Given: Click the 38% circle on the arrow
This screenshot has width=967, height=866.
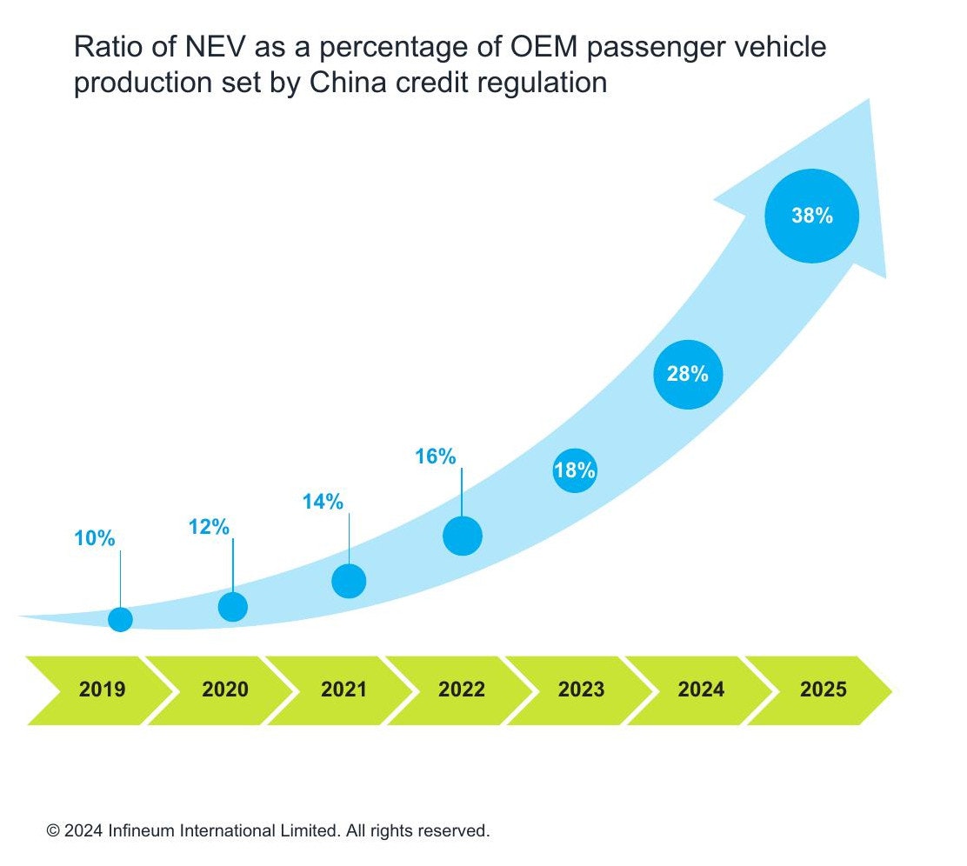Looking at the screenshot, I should (x=811, y=216).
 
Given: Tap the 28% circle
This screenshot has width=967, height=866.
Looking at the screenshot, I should (x=688, y=375).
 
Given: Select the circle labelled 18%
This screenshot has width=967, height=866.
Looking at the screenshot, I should (x=575, y=471).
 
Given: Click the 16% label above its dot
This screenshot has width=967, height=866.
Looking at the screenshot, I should (x=436, y=456).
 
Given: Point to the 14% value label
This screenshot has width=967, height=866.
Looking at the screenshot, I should (x=323, y=502).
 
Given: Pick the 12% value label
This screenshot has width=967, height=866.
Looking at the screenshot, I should (x=209, y=527).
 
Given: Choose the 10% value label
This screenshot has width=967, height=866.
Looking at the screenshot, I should (x=95, y=539).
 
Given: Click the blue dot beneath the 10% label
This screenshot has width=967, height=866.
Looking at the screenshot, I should (x=120, y=619).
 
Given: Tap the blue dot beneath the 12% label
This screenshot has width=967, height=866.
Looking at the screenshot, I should (x=232, y=607).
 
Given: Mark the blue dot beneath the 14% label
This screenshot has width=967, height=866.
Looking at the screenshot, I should (x=349, y=581).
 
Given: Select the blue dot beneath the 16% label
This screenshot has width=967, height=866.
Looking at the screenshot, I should (x=462, y=536).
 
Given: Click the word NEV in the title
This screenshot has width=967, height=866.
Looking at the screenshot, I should (x=197, y=48).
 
